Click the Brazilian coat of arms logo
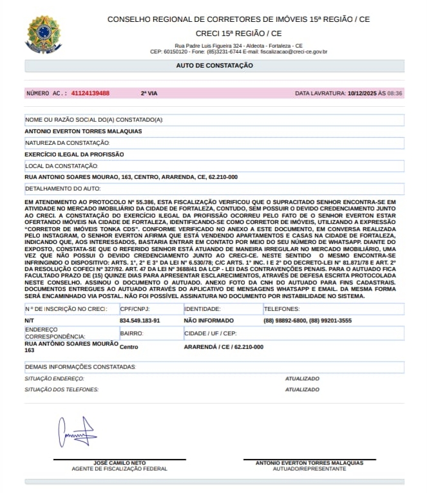pos(44,34)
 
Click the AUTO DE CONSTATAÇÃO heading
pos(214,66)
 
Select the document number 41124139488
pos(90,93)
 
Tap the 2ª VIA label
pos(149,93)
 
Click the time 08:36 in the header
pos(395,93)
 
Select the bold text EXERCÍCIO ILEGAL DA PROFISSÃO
pos(74,154)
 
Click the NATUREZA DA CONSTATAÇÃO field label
pos(67,143)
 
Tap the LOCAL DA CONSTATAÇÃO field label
pos(61,166)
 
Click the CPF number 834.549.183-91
pos(140,320)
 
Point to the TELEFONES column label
pos(281,310)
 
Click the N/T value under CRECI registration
pos(29,320)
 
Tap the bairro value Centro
pos(129,347)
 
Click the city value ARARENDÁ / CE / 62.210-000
pos(224,347)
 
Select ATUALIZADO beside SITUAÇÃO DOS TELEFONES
pos(302,389)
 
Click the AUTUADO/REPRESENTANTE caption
pos(309,469)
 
